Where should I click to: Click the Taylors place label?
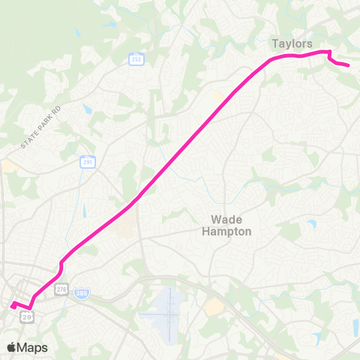click(x=291, y=43)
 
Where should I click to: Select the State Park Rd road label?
click(x=39, y=132)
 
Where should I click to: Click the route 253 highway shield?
click(x=135, y=59)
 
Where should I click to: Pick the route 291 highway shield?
click(x=88, y=161)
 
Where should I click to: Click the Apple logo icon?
click(x=12, y=347)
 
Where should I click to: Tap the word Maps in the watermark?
click(x=33, y=347)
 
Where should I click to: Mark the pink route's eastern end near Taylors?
click(x=349, y=66)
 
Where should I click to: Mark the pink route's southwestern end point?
click(x=12, y=304)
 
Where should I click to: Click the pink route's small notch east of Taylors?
click(x=329, y=55)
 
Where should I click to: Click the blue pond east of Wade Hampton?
click(x=311, y=223)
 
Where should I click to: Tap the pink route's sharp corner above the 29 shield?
click(x=31, y=306)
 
